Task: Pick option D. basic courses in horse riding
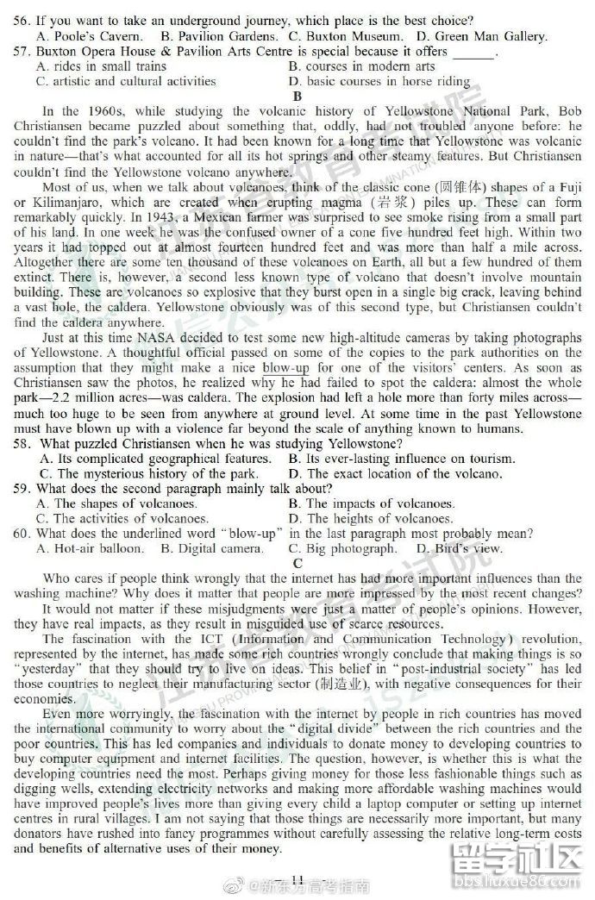click(x=379, y=82)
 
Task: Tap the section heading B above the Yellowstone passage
click(x=297, y=96)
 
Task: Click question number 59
click(x=24, y=489)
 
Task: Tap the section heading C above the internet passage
click(x=297, y=563)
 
